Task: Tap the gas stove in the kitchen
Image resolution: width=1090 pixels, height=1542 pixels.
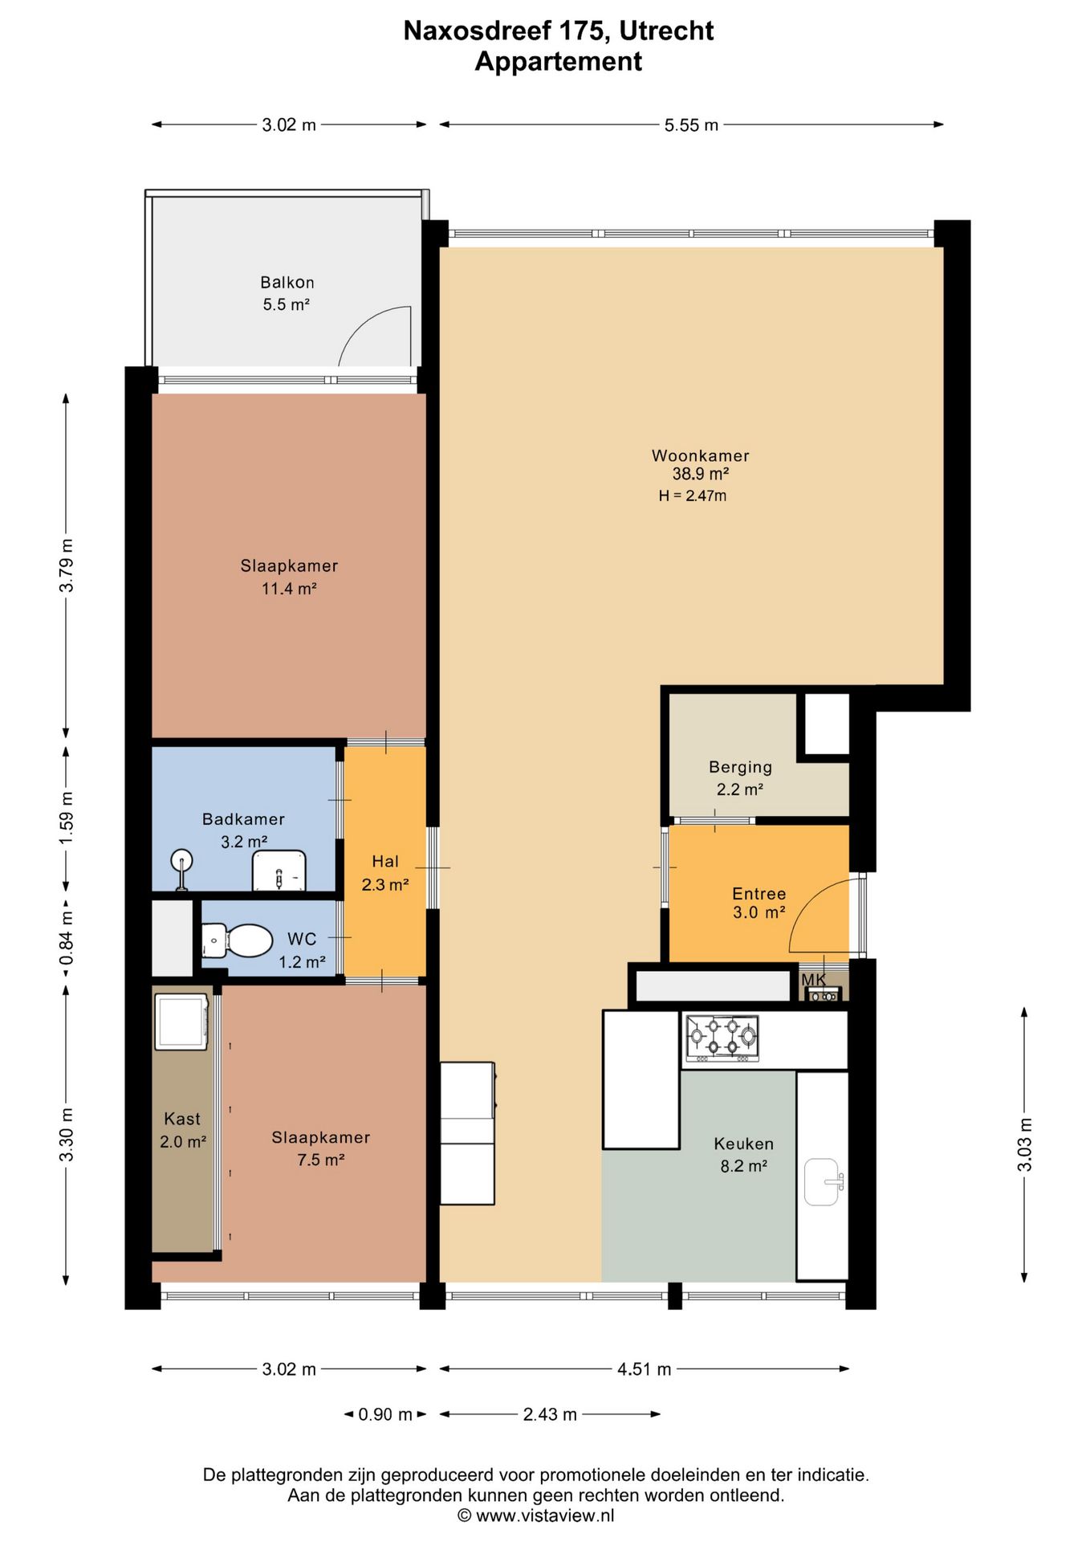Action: (x=722, y=1038)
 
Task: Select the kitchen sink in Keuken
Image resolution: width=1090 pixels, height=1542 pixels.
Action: (x=824, y=1181)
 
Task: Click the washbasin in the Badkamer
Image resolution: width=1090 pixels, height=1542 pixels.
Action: (x=279, y=871)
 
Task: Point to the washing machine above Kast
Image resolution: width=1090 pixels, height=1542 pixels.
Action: (x=181, y=1022)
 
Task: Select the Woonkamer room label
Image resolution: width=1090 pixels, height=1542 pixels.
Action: (x=701, y=455)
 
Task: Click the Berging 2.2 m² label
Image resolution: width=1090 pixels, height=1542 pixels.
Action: (x=740, y=778)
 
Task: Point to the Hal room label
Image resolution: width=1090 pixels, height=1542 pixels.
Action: (x=385, y=862)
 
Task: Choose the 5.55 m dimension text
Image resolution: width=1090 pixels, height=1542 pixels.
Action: (x=691, y=125)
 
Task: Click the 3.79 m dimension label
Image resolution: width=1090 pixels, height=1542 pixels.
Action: (x=67, y=565)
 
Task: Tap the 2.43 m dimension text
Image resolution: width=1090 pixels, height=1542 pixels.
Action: (x=550, y=1414)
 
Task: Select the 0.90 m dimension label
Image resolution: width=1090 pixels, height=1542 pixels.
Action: (x=385, y=1414)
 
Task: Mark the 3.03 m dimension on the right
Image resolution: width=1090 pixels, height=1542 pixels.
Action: (x=1025, y=1144)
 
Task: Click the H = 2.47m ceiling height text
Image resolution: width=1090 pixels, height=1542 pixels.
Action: (x=693, y=496)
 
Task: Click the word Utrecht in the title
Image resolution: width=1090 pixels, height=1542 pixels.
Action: (x=666, y=31)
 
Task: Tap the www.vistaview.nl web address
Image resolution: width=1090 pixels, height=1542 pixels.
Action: (x=545, y=1515)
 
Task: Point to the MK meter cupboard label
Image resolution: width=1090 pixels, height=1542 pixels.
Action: (x=814, y=980)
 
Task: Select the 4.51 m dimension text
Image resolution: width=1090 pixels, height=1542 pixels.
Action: (x=644, y=1369)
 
